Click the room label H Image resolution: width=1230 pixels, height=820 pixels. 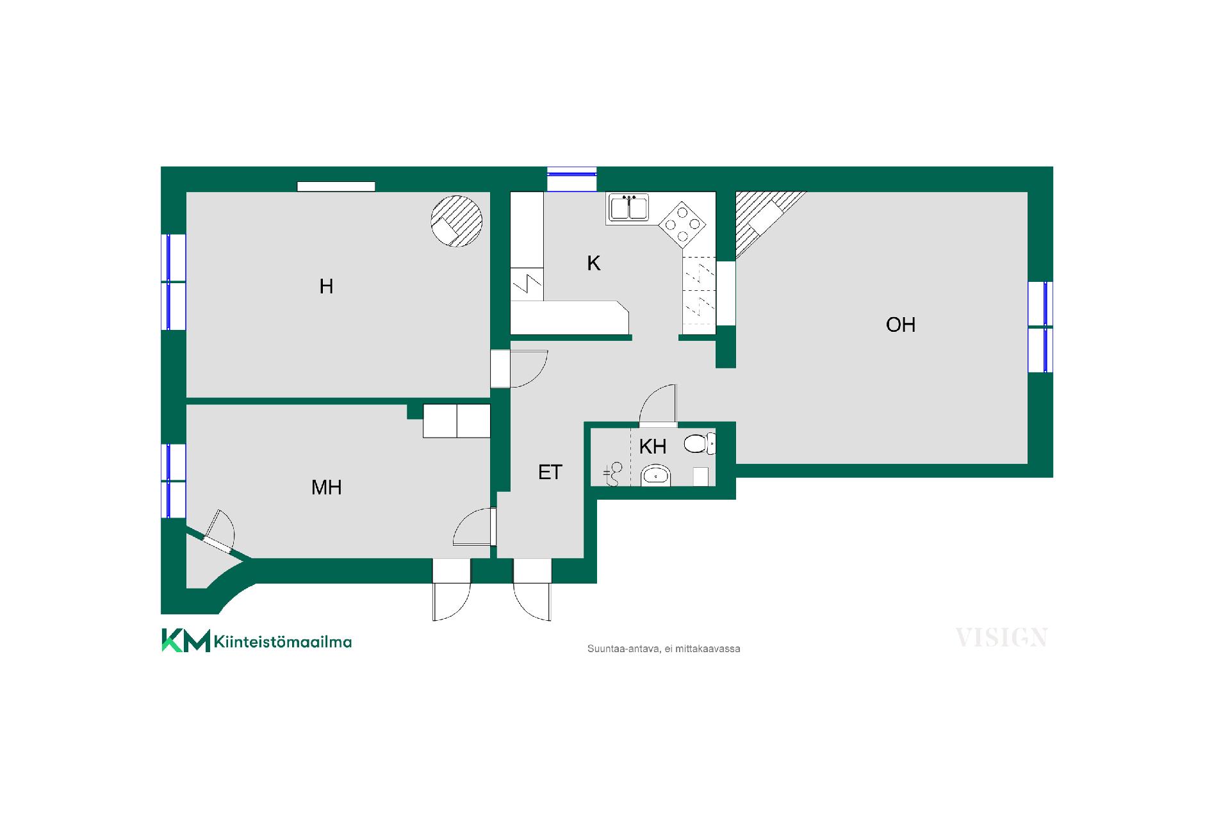click(x=326, y=286)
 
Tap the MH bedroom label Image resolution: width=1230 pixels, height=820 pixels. click(x=326, y=488)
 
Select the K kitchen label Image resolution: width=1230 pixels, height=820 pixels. click(x=594, y=263)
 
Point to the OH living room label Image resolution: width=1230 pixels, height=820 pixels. click(x=900, y=325)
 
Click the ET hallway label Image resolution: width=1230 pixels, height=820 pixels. click(x=550, y=472)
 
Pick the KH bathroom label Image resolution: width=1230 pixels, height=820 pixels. click(x=653, y=446)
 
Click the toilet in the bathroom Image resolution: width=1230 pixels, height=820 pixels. click(x=700, y=444)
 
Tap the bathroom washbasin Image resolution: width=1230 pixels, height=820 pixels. click(x=655, y=475)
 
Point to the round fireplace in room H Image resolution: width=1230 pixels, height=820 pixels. click(x=456, y=221)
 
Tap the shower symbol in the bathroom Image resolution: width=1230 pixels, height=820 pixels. click(x=612, y=475)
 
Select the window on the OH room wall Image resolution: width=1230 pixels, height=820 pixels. click(x=1040, y=327)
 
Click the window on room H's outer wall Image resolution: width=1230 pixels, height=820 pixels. click(x=173, y=282)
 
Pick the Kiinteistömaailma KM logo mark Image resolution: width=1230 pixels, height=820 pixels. click(x=186, y=641)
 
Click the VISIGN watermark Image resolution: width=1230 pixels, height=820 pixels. click(x=1001, y=637)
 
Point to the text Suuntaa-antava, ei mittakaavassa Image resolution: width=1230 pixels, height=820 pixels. click(x=664, y=649)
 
